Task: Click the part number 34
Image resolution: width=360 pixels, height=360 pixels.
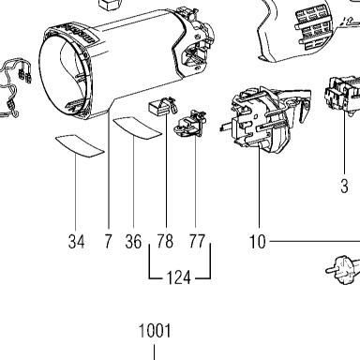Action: [76, 242]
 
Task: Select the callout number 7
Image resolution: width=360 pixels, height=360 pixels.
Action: [108, 241]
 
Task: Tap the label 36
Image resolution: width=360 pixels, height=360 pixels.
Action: [133, 242]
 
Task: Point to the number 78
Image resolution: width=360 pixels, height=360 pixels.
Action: [165, 241]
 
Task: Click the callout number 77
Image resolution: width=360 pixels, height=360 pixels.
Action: [197, 241]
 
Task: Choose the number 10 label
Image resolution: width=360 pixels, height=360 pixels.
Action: [258, 242]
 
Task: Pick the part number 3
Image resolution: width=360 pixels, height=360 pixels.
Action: [344, 186]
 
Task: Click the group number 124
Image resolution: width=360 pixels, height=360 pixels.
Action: [178, 277]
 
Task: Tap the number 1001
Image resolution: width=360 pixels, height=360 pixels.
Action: [155, 331]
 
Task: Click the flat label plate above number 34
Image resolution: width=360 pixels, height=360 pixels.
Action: [80, 145]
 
